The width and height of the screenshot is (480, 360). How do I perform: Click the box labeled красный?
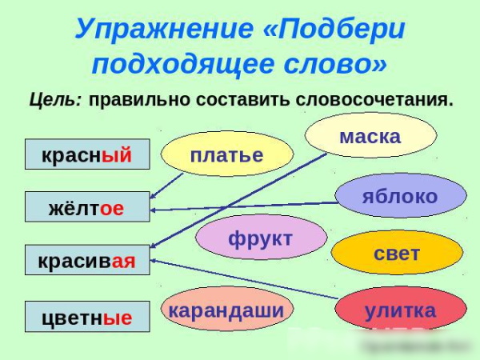(x=86, y=154)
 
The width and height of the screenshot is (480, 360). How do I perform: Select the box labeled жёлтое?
(x=86, y=207)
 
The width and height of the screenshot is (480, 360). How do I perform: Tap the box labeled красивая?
(x=86, y=260)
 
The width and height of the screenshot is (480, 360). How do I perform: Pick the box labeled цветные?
(x=86, y=316)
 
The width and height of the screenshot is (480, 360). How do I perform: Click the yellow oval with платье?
(x=226, y=154)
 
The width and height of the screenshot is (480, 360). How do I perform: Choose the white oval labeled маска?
(x=370, y=135)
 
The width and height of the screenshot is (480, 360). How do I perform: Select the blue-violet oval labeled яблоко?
(x=399, y=196)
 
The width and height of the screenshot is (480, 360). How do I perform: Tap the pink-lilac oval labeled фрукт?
(x=261, y=238)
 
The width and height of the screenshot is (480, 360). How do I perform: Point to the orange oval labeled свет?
(x=396, y=253)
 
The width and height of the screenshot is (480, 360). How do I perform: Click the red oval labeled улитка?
(x=400, y=310)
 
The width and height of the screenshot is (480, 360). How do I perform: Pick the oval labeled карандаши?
(x=226, y=309)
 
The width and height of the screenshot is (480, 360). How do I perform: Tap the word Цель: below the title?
(x=55, y=102)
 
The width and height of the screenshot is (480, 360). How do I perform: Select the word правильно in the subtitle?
(x=127, y=102)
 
